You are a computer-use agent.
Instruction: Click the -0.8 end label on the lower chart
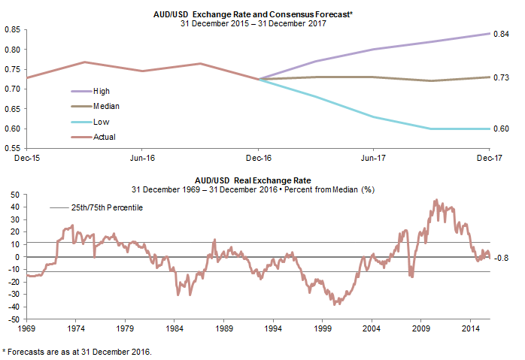(503, 259)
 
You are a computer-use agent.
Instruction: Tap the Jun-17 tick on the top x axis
(374, 159)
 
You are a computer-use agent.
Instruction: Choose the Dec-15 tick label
(26, 159)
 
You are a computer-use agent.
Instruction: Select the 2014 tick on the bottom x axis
(471, 328)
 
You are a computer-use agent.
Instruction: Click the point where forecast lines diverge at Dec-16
(259, 79)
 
